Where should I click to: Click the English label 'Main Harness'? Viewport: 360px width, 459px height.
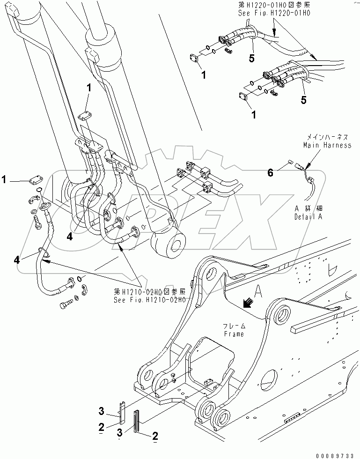pyautogui.click(x=327, y=145)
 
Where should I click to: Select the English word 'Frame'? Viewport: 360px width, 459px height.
pyautogui.click(x=235, y=334)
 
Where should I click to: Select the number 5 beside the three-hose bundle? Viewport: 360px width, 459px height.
pyautogui.click(x=303, y=100)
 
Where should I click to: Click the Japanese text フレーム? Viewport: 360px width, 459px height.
pyautogui.click(x=235, y=326)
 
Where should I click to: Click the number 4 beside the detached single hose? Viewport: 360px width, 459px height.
pyautogui.click(x=17, y=259)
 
